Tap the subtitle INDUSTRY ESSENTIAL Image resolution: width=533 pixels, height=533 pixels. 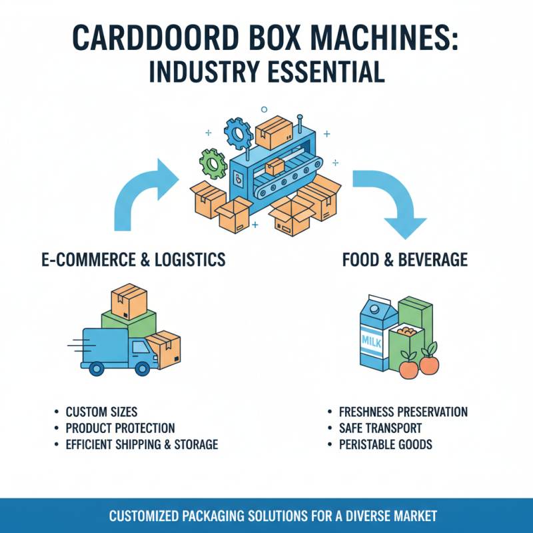point(266,72)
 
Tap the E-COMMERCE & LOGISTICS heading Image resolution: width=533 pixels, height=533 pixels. point(133,260)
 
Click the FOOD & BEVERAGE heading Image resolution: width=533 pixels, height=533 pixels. point(404,260)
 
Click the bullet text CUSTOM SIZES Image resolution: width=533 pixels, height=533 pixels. point(101,412)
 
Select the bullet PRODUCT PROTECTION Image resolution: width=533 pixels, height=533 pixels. point(120,428)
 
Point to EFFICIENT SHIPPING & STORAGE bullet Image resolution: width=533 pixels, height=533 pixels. point(141,444)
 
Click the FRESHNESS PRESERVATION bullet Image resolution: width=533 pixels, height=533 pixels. point(403,412)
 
